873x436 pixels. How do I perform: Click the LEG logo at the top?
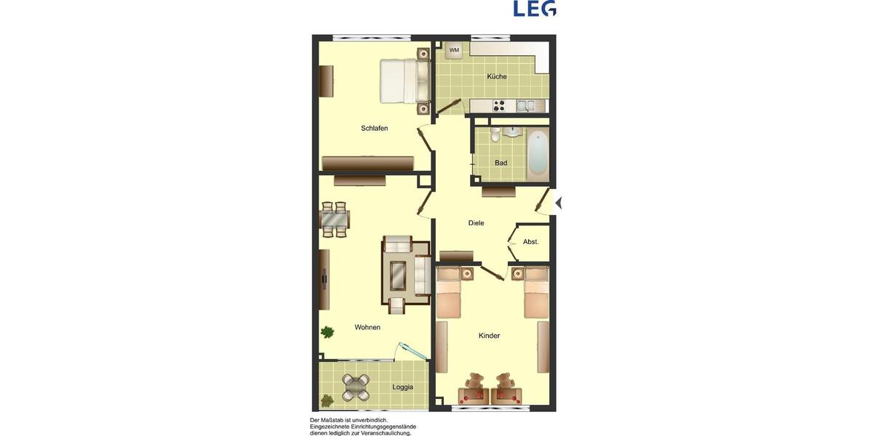(x=535, y=9)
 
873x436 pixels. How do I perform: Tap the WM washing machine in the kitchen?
(x=454, y=50)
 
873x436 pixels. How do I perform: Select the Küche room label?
(x=497, y=76)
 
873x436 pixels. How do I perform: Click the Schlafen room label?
(x=374, y=129)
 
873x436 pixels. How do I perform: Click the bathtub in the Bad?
(x=537, y=154)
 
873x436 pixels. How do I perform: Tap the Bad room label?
(x=501, y=163)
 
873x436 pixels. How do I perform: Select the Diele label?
(x=476, y=223)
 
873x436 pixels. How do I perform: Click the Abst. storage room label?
(x=530, y=241)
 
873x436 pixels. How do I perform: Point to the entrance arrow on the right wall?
(x=558, y=203)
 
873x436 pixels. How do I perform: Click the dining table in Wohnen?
(x=335, y=219)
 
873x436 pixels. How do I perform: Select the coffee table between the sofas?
(x=399, y=274)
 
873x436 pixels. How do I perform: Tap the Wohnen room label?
(x=367, y=328)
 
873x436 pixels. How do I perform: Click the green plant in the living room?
(x=327, y=332)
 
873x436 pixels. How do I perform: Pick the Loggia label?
(x=402, y=387)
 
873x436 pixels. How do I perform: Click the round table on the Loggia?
(x=356, y=387)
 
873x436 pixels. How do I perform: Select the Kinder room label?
(x=489, y=336)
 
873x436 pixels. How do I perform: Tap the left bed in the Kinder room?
(x=449, y=292)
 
